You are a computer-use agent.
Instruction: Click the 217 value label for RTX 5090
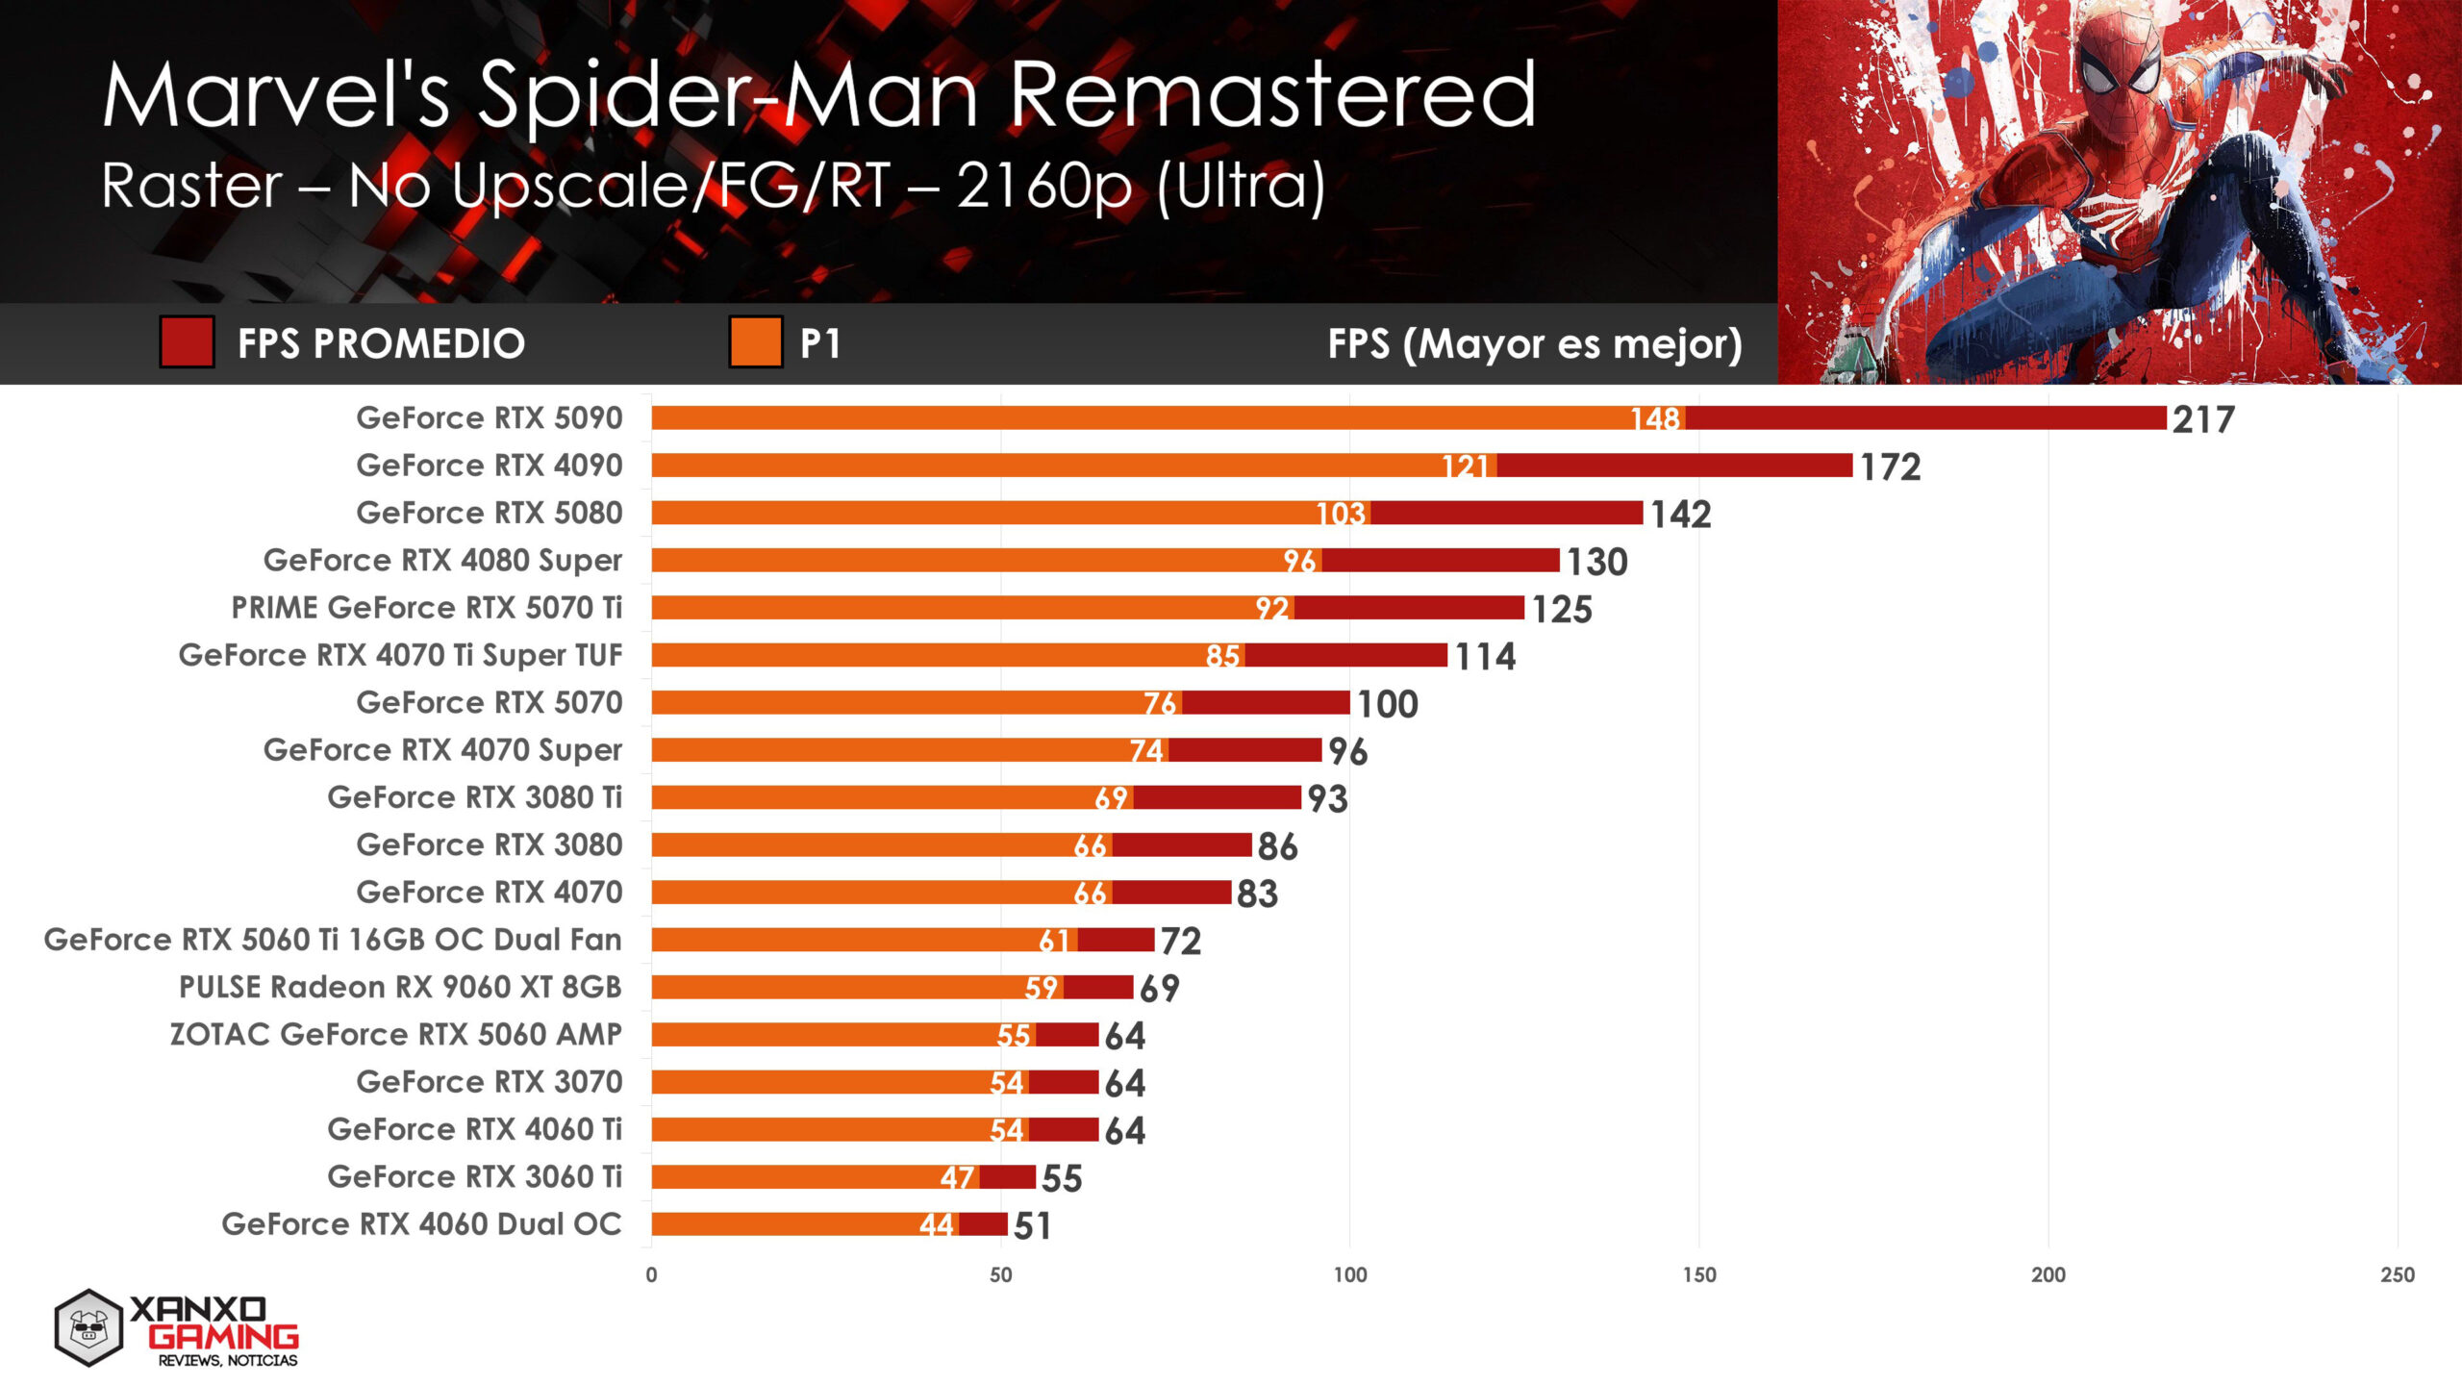click(x=2202, y=419)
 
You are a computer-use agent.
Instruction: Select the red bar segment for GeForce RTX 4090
click(x=1673, y=466)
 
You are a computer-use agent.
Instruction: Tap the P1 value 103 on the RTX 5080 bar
click(x=1341, y=514)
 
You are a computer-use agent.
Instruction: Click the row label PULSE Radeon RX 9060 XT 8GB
click(x=400, y=987)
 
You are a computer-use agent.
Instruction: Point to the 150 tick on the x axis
click(x=1698, y=1274)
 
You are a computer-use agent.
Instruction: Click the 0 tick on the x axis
click(x=651, y=1274)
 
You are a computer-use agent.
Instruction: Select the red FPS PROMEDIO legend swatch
click(x=187, y=342)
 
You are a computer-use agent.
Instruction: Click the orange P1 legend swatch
click(x=755, y=342)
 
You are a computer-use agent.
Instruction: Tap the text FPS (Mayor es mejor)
click(x=1534, y=343)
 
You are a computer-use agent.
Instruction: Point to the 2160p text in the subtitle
click(x=1044, y=185)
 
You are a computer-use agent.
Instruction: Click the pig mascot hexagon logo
click(x=88, y=1327)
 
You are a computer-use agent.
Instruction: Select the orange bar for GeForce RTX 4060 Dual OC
click(x=784, y=1224)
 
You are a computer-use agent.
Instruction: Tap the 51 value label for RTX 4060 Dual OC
click(x=1032, y=1226)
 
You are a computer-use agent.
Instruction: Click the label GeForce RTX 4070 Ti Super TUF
click(x=400, y=655)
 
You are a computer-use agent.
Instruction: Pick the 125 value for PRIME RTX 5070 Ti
click(x=1561, y=610)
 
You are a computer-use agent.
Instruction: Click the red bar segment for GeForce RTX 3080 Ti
click(x=1217, y=797)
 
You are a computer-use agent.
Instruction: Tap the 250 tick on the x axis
click(x=2397, y=1274)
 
